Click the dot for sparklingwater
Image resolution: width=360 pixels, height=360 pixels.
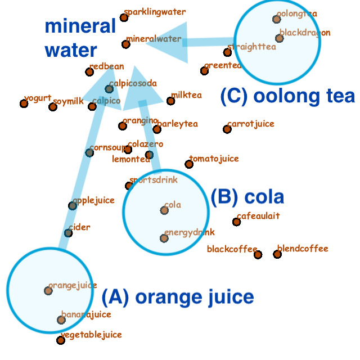click(124, 17)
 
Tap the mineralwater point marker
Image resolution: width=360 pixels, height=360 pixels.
click(125, 44)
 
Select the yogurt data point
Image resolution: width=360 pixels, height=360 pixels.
click(24, 103)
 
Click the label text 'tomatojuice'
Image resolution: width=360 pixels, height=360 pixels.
click(214, 159)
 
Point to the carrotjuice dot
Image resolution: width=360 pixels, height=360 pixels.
click(227, 129)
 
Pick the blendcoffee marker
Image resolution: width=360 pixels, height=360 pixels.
click(277, 254)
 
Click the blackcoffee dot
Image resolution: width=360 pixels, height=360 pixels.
click(258, 255)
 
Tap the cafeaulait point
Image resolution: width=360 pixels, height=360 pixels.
click(236, 222)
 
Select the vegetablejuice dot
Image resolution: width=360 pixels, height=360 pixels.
click(61, 340)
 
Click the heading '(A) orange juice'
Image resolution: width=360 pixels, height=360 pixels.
click(178, 296)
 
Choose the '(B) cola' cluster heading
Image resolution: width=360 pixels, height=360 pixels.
click(247, 197)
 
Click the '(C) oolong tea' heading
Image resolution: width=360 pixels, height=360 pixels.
click(287, 96)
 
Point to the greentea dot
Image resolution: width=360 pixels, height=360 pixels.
click(204, 71)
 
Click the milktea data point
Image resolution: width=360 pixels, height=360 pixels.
click(170, 101)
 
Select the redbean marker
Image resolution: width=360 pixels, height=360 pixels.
click(89, 72)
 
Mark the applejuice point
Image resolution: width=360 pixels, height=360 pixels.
click(73, 206)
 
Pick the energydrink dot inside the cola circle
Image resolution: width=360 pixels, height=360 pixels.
click(164, 238)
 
